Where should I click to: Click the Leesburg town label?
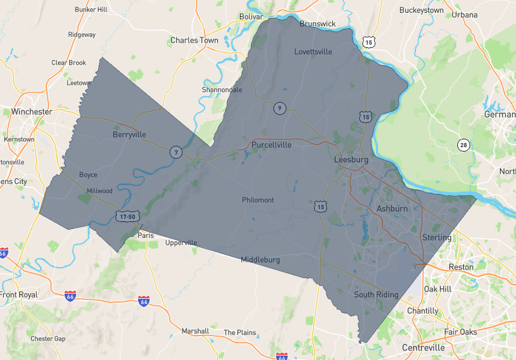point(351,159)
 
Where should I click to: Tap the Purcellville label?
point(272,145)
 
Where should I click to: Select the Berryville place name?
point(129,135)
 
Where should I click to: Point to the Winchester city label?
point(32,112)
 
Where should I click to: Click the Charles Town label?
point(194,40)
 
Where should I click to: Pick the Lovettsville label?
point(313,52)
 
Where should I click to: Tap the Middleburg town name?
point(260,260)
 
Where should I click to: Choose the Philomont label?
point(258,200)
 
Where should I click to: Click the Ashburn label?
point(392,209)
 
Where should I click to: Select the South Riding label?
point(376,295)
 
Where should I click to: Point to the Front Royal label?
point(19,295)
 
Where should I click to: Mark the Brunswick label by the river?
point(317,24)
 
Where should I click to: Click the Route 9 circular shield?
point(279,108)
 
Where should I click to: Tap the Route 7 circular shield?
point(175,152)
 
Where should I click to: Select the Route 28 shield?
point(463,145)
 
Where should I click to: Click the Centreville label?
point(423,348)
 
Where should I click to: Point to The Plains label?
point(240,333)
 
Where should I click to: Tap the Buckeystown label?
point(421,10)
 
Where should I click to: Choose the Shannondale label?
point(222,90)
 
